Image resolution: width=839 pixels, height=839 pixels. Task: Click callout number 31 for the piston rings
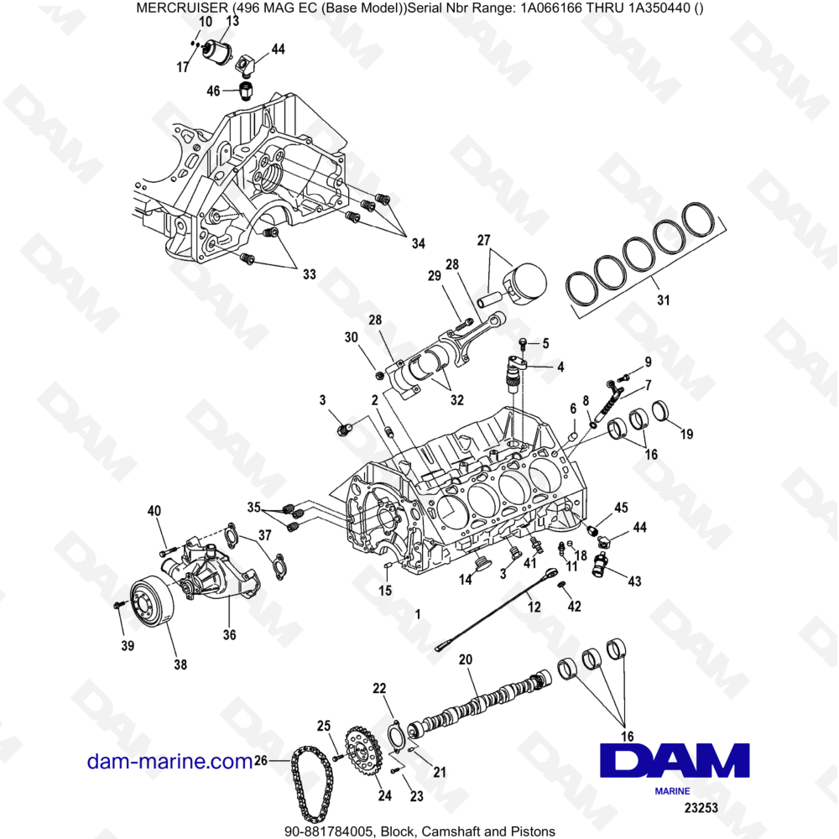(664, 300)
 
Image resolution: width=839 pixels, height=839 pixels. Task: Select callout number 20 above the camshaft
(466, 659)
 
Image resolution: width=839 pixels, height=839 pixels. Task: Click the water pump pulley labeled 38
(150, 601)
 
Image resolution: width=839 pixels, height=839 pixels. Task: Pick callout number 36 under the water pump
(229, 635)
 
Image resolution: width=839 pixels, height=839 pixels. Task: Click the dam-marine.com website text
(169, 761)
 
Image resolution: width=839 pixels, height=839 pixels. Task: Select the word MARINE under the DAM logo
(671, 790)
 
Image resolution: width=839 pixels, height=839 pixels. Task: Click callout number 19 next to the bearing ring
(686, 434)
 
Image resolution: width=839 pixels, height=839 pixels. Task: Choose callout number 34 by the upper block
(418, 243)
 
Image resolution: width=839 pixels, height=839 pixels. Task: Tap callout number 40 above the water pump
(154, 511)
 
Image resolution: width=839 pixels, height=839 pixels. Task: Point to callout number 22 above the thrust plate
(379, 688)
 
